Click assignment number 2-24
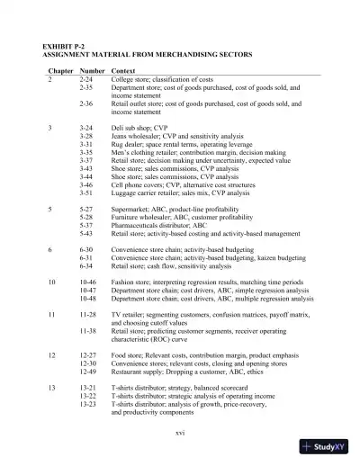coord(87,79)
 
